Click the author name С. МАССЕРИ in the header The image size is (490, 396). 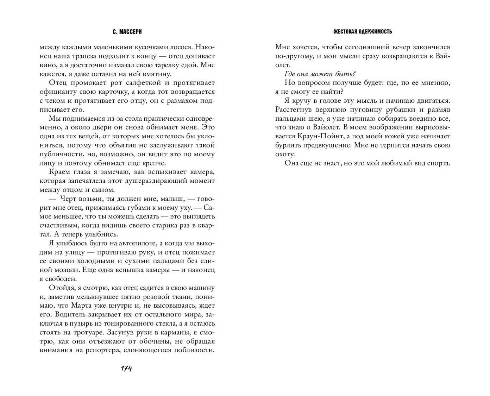click(x=127, y=32)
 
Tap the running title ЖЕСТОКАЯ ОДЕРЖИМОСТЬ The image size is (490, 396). click(x=363, y=32)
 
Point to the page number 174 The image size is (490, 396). click(x=126, y=369)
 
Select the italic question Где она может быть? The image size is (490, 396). click(x=320, y=74)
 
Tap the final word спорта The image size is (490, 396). click(x=438, y=163)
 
